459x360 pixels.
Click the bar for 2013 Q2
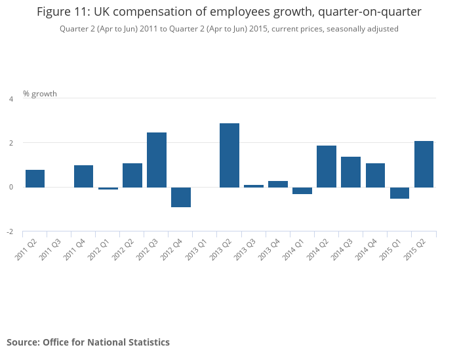(x=229, y=155)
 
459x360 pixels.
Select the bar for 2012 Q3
(x=157, y=160)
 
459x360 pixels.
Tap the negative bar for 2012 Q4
(x=181, y=197)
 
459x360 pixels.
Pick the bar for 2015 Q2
(x=424, y=164)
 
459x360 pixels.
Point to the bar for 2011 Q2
(x=35, y=178)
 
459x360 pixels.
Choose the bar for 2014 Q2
(x=327, y=167)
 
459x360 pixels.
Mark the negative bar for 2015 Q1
(x=399, y=193)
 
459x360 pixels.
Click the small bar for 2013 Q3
(x=254, y=186)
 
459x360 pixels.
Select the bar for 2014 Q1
(x=302, y=191)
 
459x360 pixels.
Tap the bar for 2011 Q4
(x=84, y=176)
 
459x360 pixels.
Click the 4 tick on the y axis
(x=10, y=99)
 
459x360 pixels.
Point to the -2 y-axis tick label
(x=9, y=232)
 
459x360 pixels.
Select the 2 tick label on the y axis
(x=10, y=143)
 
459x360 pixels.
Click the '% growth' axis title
(x=40, y=94)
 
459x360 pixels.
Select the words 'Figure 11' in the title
(x=65, y=12)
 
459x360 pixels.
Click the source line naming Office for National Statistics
(x=89, y=342)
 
